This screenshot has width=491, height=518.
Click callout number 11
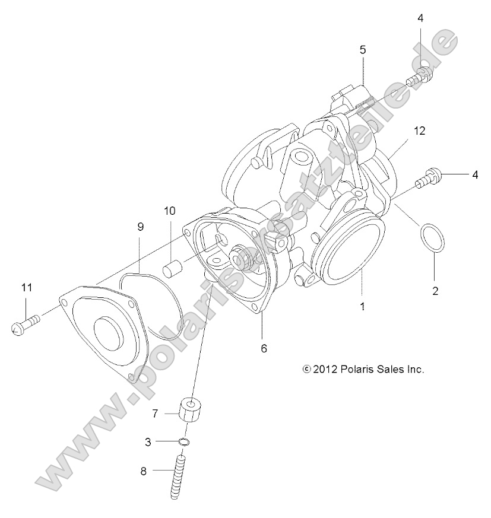(x=26, y=288)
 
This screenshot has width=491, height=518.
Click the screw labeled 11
(x=25, y=324)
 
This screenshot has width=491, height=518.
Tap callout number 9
(x=141, y=227)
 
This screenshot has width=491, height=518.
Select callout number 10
(x=170, y=211)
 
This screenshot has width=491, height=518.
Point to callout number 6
(x=264, y=348)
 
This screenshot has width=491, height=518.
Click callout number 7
(x=154, y=414)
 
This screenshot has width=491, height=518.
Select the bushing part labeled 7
(x=189, y=409)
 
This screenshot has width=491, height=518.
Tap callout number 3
(x=149, y=441)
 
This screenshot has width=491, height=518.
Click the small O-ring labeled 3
(x=185, y=441)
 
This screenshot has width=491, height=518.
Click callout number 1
(x=362, y=307)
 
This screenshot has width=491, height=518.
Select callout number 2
(x=435, y=291)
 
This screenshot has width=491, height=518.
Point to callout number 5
(x=362, y=50)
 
